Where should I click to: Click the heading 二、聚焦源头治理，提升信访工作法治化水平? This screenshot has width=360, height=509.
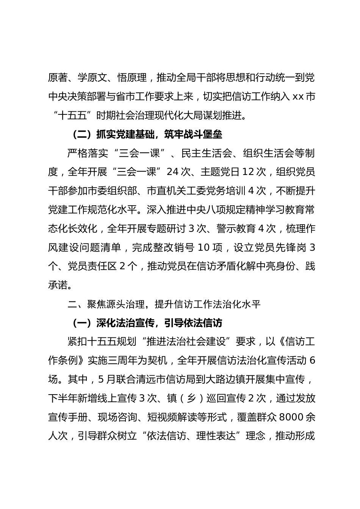(x=164, y=304)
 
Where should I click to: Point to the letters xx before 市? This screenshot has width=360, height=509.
(x=298, y=97)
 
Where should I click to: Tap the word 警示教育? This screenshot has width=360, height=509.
(x=238, y=228)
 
